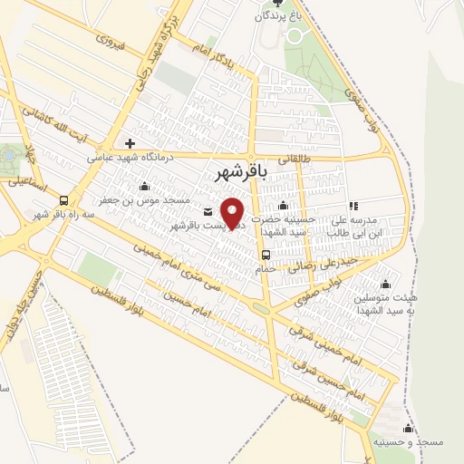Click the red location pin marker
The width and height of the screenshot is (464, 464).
pos(234,214)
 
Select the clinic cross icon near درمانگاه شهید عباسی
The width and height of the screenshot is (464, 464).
pos(131,143)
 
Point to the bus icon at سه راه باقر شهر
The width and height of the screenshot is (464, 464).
pos(63,200)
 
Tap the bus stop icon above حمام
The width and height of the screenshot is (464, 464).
pos(266,256)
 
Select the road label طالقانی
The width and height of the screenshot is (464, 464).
pos(292,158)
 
